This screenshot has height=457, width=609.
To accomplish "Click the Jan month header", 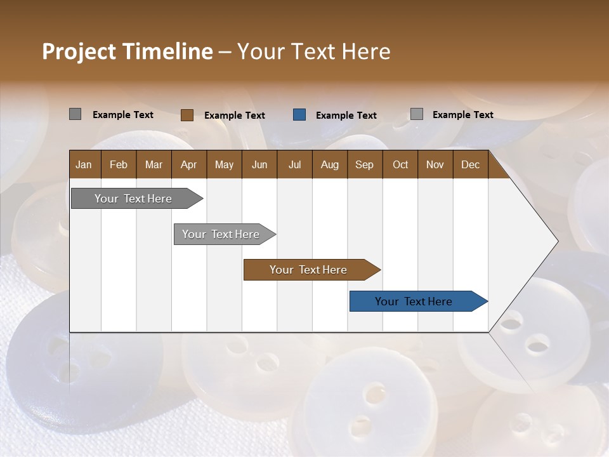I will coord(84,165).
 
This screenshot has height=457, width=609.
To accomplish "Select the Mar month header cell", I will coord(154,165).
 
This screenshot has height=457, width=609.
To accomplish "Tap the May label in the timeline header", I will coord(224,165).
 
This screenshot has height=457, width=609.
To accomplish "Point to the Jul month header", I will coord(294,165).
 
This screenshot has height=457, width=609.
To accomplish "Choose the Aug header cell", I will coord(329,165).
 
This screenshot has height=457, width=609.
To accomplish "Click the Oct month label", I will coord(400,165).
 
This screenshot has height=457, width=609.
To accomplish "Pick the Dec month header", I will coord(470,165).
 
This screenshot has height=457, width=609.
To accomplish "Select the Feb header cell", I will coord(119,165).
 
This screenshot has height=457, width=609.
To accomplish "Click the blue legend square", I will coord(299,115).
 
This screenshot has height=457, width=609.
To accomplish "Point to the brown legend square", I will coord(187,115).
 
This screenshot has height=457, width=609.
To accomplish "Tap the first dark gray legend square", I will coord(75,114).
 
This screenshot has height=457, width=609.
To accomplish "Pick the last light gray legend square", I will coord(417,114).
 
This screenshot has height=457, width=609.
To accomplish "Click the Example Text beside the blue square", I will coord(346,116).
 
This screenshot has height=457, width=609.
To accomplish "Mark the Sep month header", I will coord(364,165).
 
